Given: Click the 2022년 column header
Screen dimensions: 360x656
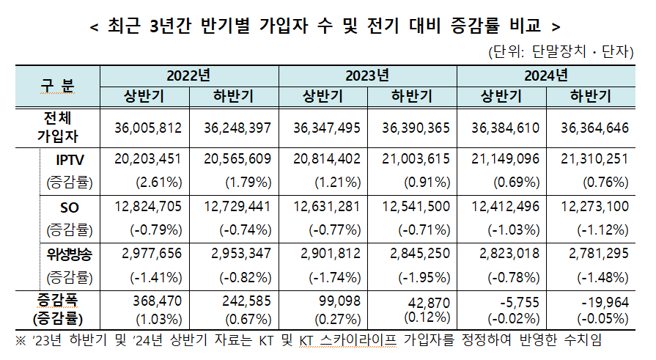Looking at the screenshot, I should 188,76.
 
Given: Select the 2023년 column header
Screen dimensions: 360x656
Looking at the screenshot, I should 367,76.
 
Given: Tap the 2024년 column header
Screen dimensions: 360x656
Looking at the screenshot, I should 546,76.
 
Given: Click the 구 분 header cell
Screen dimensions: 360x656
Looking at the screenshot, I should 56,86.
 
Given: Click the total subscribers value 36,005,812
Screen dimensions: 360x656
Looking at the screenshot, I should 148,128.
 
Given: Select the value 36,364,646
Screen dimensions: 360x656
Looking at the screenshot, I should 594,128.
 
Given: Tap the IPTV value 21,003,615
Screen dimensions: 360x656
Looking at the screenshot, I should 416,159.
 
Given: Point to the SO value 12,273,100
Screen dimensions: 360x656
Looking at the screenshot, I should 594,207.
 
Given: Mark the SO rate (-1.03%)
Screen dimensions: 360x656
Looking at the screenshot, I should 512,229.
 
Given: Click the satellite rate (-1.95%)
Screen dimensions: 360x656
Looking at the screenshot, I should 423,277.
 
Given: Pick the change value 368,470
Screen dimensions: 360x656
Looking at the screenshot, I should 156,301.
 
